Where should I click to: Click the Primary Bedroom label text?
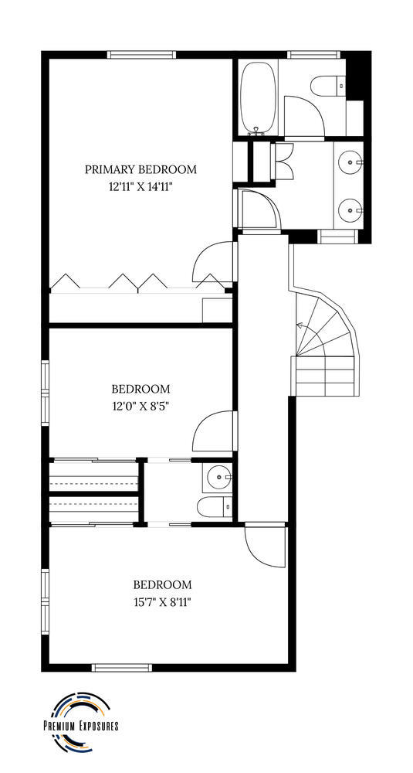(x=140, y=169)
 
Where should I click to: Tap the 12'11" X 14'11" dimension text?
(x=140, y=187)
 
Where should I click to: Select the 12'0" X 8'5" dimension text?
(x=140, y=407)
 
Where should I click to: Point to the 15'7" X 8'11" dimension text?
(x=162, y=602)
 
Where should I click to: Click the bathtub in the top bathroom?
(x=257, y=97)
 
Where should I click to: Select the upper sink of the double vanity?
(x=351, y=161)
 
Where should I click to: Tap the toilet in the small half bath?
(x=215, y=506)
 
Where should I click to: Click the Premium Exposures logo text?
(x=81, y=726)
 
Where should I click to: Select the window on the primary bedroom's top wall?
(x=142, y=55)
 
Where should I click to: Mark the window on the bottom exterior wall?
(x=122, y=668)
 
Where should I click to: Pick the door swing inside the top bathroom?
(x=304, y=117)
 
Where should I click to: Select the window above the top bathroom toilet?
(x=313, y=55)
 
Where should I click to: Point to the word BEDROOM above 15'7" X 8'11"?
(x=162, y=584)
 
